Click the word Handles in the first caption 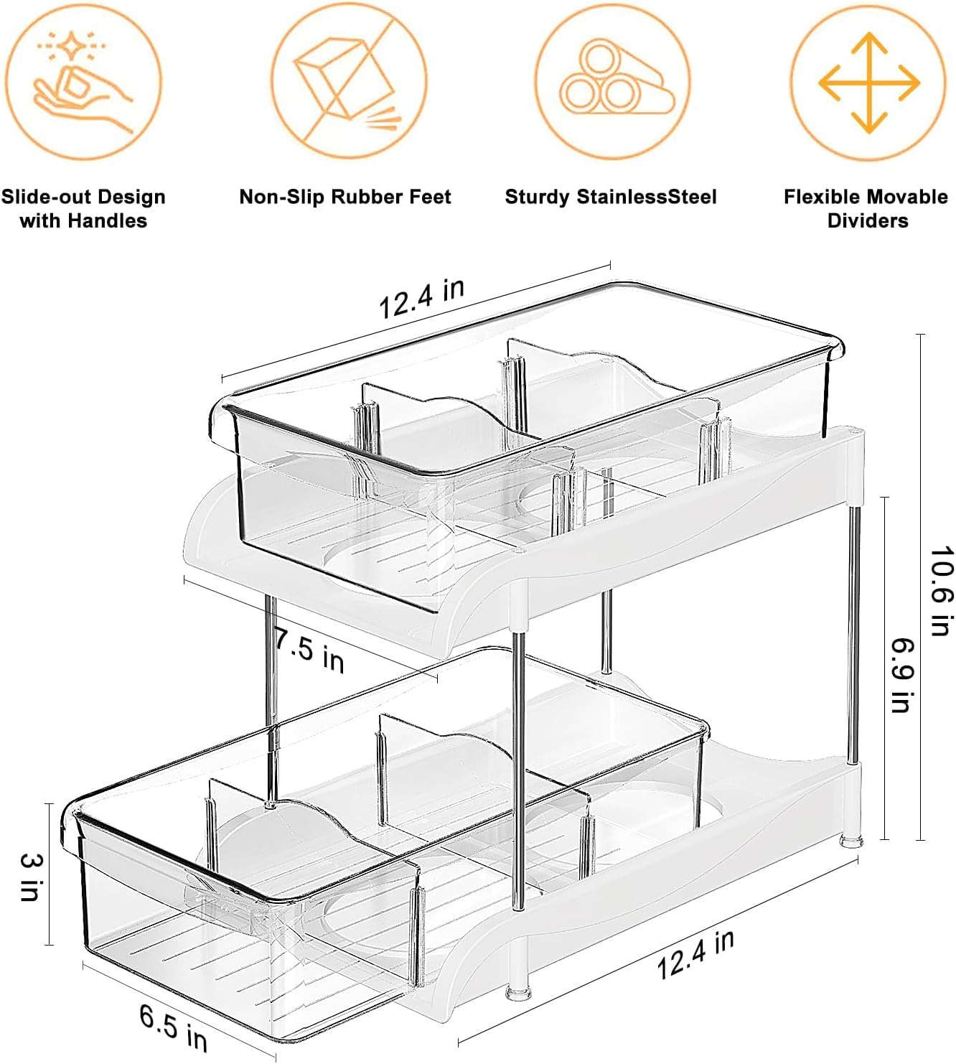[110, 220]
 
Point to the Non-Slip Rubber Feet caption [345, 197]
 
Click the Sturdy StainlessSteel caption [611, 197]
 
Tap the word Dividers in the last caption [867, 220]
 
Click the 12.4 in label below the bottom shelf [695, 954]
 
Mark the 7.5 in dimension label [309, 650]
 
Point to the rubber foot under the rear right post [851, 839]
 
